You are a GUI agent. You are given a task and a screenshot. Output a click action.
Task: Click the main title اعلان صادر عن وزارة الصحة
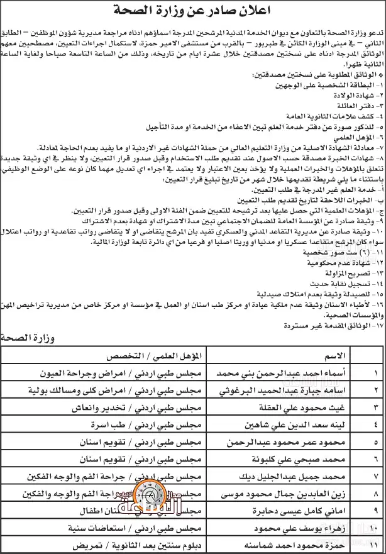coord(193,10)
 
